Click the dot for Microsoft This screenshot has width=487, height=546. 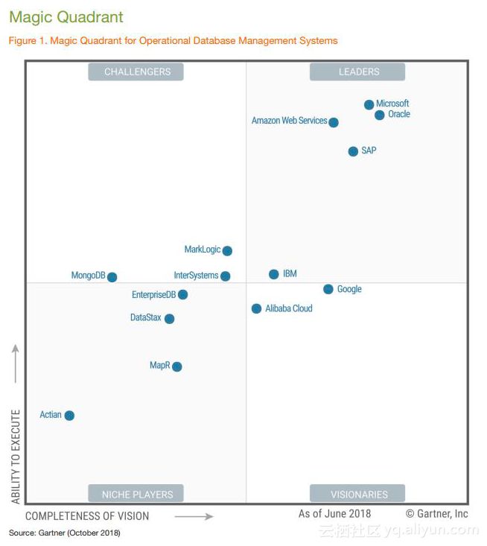369,105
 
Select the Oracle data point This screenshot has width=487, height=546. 380,115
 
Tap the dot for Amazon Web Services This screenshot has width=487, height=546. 334,122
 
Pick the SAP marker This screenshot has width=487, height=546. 353,151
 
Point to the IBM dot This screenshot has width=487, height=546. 274,274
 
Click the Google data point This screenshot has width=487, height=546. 328,289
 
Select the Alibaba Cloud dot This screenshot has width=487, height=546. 257,308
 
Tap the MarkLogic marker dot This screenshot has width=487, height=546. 227,251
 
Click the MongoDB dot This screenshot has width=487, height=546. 112,277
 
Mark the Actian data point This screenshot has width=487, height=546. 69,416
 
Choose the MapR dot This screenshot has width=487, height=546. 176,366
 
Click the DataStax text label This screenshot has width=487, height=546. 145,318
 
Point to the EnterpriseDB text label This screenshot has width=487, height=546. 153,295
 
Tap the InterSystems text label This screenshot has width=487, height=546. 196,276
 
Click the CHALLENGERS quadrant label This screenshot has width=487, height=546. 137,72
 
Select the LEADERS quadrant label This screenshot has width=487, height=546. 358,72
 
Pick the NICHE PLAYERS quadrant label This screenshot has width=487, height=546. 137,494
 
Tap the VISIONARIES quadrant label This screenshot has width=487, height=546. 358,494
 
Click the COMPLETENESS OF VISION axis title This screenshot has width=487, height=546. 87,516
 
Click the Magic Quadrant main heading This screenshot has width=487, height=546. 66,17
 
